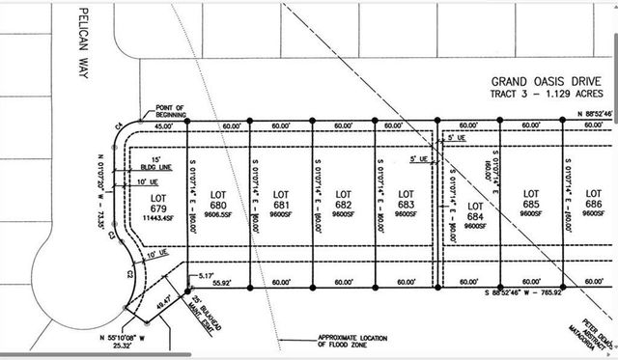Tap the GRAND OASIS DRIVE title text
548,83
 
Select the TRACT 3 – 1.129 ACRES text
547,95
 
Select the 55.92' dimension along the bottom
222,283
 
